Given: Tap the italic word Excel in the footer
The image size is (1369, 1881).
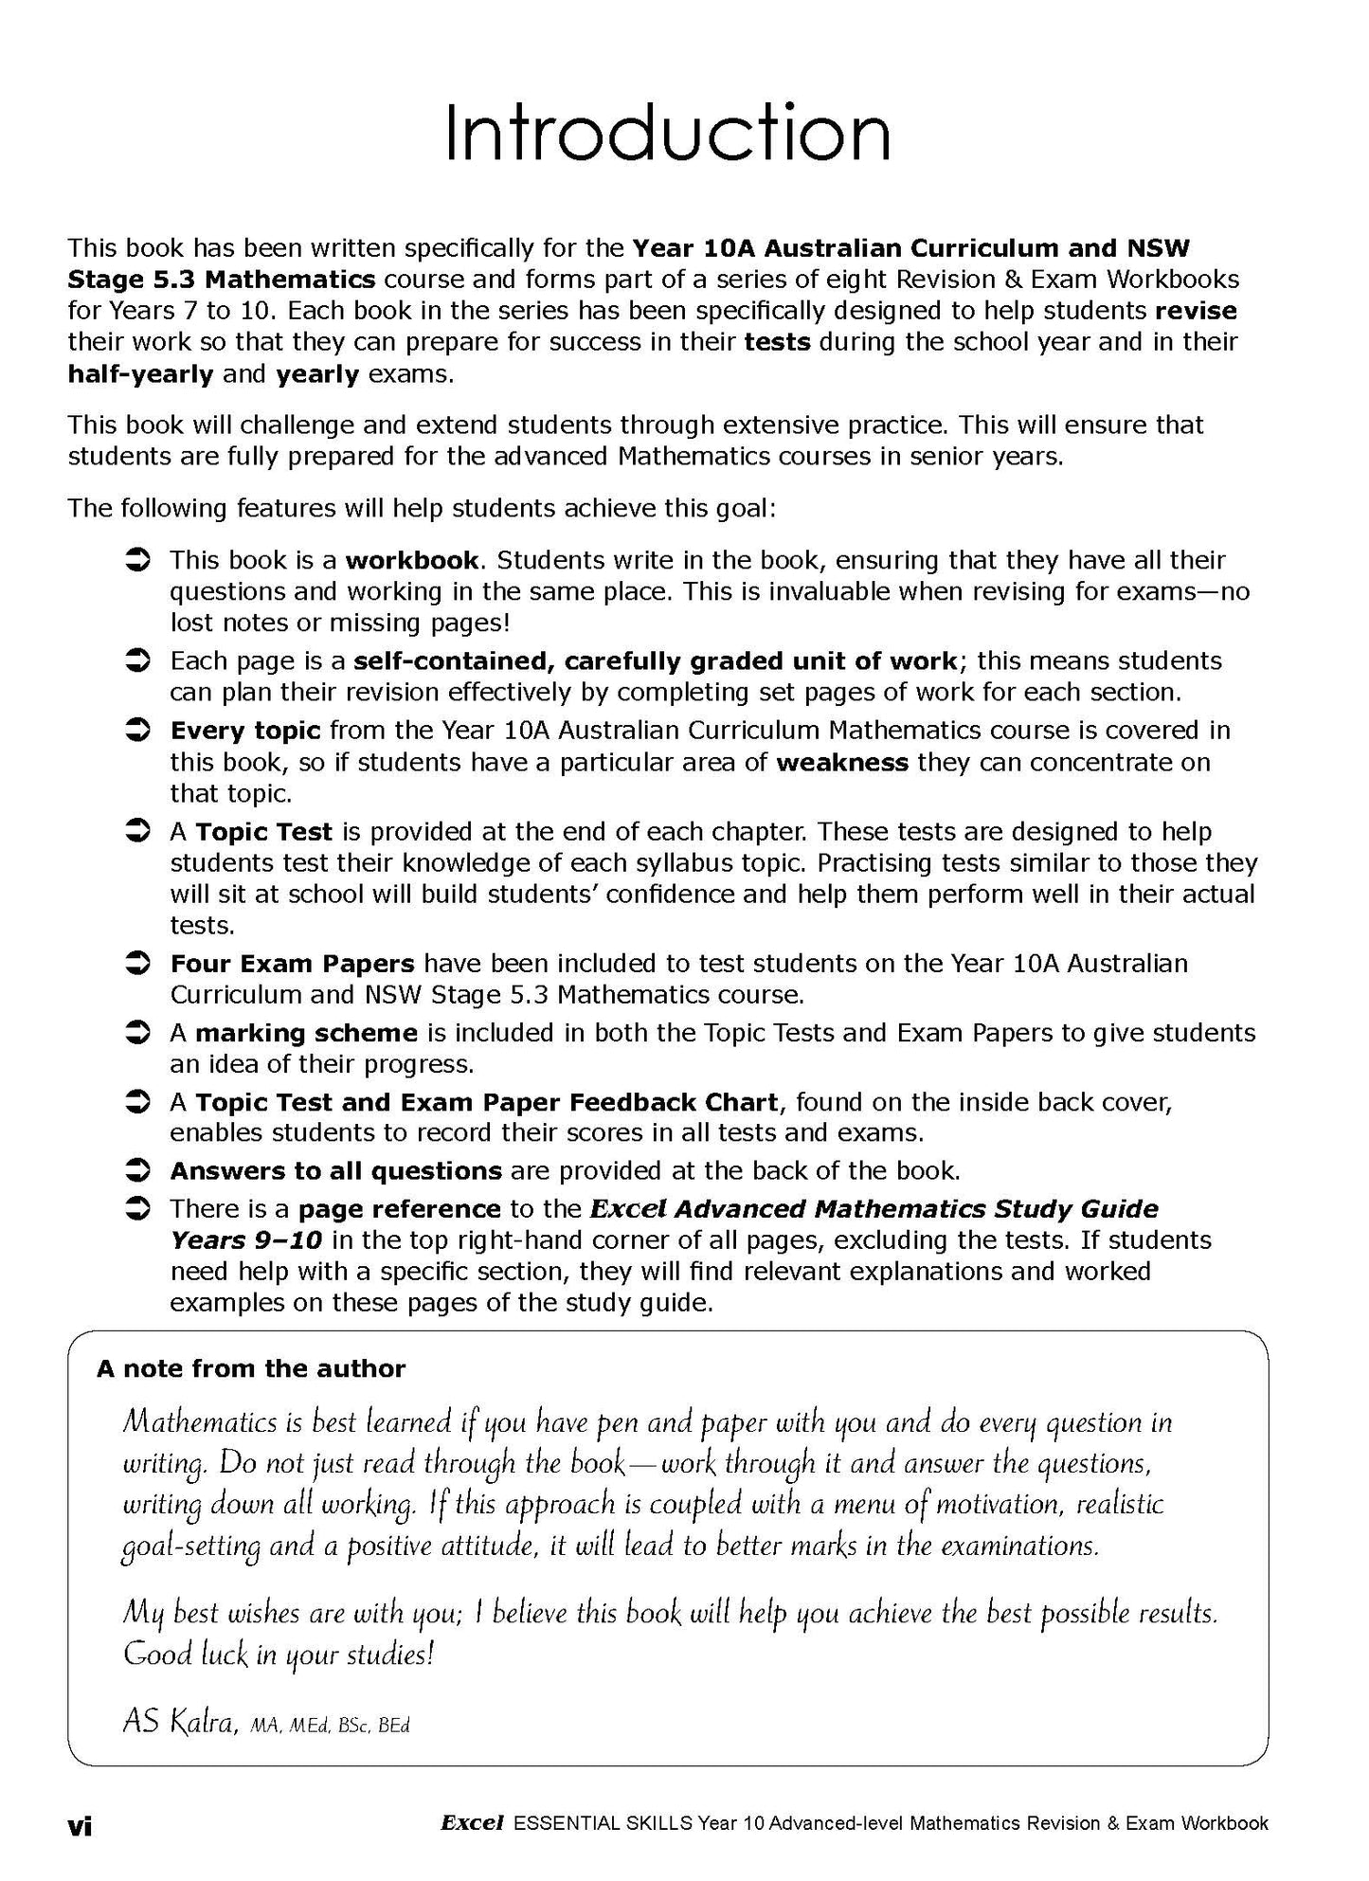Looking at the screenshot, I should click(471, 1822).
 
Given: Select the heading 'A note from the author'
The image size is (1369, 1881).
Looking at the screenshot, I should click(251, 1368).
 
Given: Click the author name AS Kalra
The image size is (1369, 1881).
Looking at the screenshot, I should click(179, 1722).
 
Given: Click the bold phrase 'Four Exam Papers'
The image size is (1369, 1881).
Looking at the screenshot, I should click(292, 964).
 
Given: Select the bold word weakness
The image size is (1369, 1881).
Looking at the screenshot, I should click(842, 762).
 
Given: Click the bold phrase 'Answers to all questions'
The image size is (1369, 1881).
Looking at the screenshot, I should click(335, 1171).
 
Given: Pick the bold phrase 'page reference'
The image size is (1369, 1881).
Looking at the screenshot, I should click(399, 1209).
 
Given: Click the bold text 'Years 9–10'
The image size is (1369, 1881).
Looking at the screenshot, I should click(246, 1240).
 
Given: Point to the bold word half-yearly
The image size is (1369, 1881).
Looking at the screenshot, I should click(140, 374).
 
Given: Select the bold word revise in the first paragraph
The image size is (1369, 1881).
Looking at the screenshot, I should click(1196, 311).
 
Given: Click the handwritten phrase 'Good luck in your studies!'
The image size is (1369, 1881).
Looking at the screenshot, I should click(279, 1655).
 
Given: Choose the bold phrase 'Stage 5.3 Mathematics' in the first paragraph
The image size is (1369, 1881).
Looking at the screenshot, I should click(222, 280).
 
